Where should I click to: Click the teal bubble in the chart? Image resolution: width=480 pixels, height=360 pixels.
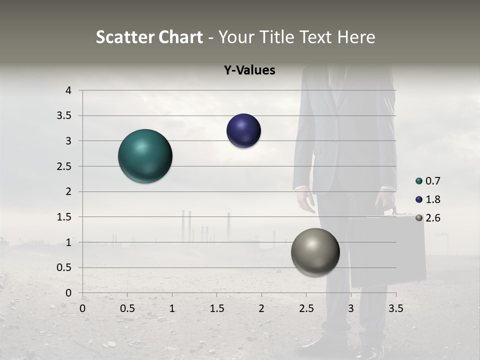pyautogui.click(x=145, y=156)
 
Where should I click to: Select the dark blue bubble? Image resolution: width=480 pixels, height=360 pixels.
pyautogui.click(x=243, y=131)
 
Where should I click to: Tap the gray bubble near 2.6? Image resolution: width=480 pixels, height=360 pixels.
pyautogui.click(x=315, y=252)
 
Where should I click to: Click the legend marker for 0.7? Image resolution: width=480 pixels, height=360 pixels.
pyautogui.click(x=419, y=181)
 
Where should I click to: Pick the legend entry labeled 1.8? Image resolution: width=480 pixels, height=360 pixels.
pyautogui.click(x=432, y=199)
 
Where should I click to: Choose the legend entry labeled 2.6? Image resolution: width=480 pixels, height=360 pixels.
pyautogui.click(x=432, y=218)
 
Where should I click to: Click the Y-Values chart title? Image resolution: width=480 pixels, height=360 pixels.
pyautogui.click(x=249, y=70)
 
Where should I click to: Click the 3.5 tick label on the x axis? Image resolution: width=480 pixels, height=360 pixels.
pyautogui.click(x=395, y=308)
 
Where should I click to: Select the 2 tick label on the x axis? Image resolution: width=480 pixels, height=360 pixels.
pyautogui.click(x=261, y=308)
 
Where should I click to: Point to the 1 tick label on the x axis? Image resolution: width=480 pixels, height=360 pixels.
pyautogui.click(x=172, y=308)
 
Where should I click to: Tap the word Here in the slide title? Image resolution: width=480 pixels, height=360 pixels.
pyautogui.click(x=356, y=37)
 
